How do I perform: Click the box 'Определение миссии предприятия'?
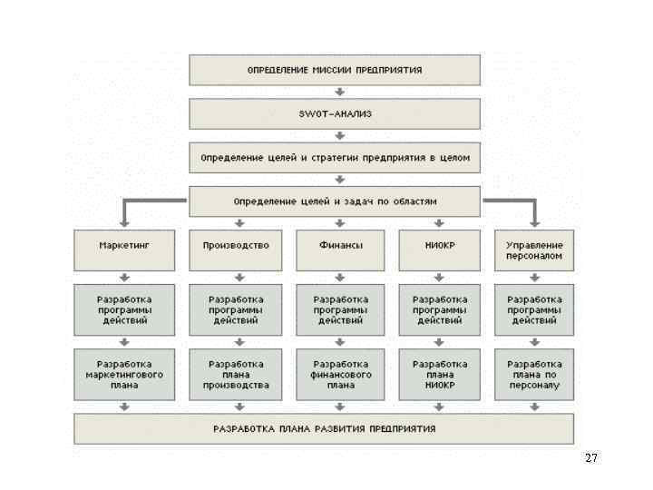coord(335,70)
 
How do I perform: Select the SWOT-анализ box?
coord(335,113)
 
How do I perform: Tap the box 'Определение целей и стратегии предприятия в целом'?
coord(335,157)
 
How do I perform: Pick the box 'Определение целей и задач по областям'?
coord(335,201)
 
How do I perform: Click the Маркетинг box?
coord(123,250)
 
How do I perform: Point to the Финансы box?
coord(341,250)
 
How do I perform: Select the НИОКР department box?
coord(440,250)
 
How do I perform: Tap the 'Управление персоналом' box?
coord(534,250)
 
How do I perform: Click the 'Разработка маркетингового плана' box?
coord(123,374)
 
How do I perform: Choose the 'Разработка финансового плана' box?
coord(341,374)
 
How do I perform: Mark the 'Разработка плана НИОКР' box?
coord(440,374)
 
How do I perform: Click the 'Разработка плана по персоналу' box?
coord(534,374)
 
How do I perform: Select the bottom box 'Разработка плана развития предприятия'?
coord(324,428)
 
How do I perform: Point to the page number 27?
coord(591,458)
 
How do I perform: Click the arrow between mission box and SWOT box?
coord(338,92)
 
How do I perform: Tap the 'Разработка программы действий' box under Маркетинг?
coord(123,309)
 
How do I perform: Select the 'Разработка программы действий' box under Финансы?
coord(341,309)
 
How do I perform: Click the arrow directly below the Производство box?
coord(239,278)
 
